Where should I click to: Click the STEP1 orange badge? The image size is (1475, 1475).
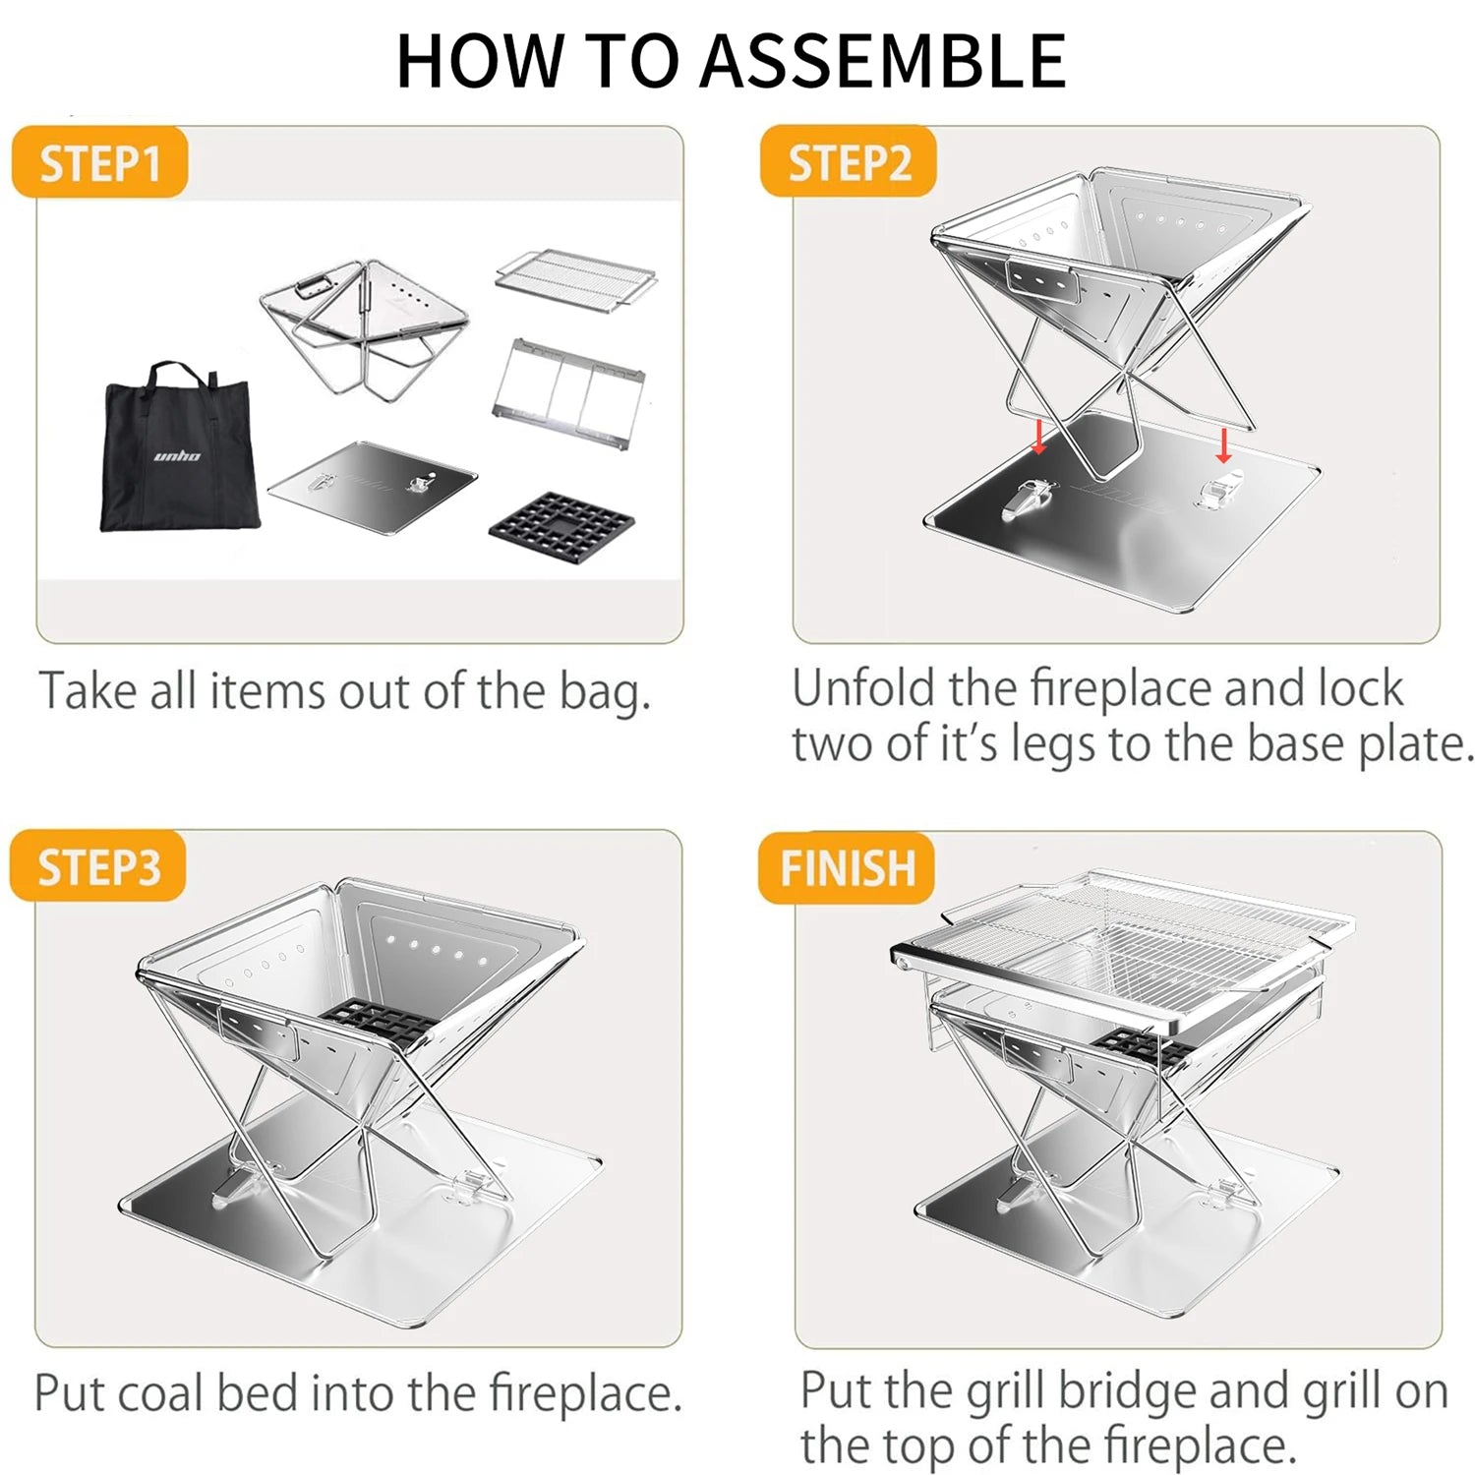(99, 162)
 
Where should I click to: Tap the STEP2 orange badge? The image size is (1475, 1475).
(848, 161)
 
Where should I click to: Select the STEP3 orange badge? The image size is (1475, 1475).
(98, 866)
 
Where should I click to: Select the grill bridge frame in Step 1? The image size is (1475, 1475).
(569, 392)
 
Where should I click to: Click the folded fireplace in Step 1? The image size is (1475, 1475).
(365, 325)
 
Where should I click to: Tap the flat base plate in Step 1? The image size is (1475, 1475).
(372, 487)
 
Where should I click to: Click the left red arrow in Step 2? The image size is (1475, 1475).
(1039, 434)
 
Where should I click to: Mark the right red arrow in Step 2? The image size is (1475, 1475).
(1223, 444)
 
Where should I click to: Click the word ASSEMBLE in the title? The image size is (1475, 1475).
(883, 61)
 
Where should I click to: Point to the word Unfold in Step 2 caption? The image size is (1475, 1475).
(863, 688)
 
